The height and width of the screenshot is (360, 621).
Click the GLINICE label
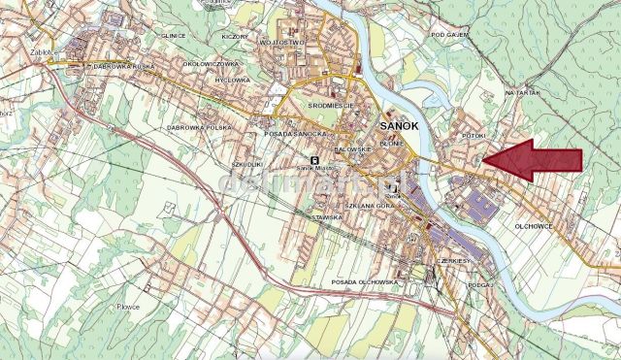174,35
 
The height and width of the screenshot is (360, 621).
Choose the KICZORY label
235,36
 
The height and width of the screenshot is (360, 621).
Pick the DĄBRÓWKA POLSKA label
199,127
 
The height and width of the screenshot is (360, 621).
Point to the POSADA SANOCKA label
292,133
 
